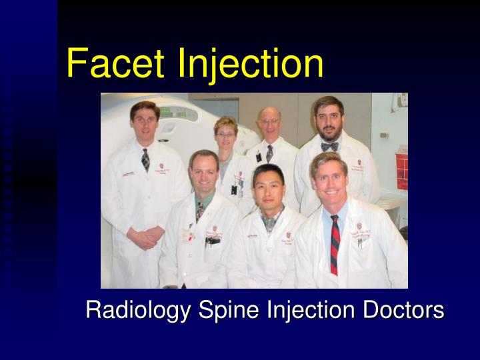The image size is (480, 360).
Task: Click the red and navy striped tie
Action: [335, 245]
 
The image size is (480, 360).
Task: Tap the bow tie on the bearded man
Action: [329, 147]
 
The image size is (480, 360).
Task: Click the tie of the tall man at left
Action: [145, 159]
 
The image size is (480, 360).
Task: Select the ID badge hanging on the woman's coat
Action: [234, 188]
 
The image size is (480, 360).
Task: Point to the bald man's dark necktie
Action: [269, 155]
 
